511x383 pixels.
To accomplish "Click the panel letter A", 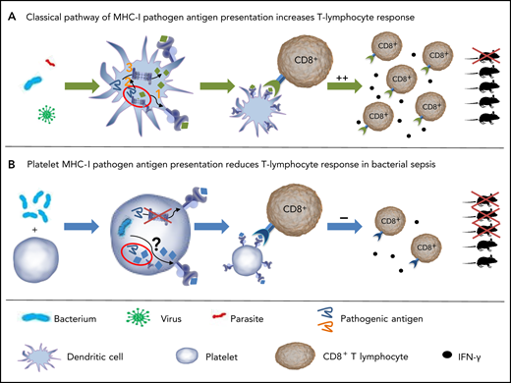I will [x=12, y=12].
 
